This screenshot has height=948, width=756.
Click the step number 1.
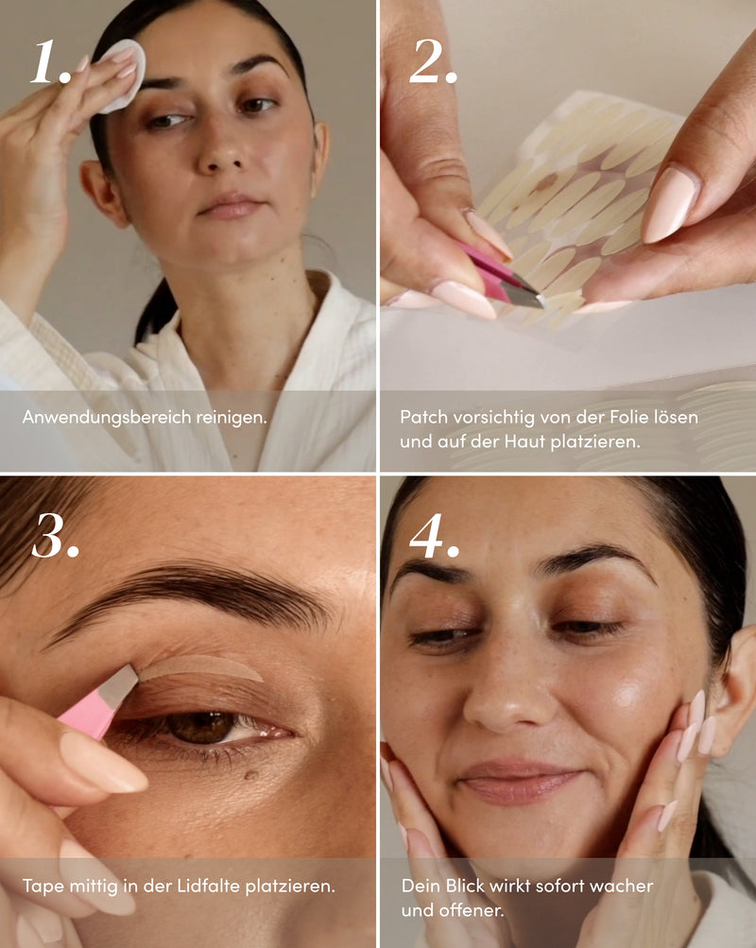point(50,61)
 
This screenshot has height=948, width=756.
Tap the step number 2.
point(433,61)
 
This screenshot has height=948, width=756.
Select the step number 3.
point(55,536)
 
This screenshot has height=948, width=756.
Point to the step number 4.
point(434,536)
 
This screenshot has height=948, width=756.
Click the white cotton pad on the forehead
point(125,74)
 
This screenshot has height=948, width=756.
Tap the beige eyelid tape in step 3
point(200,667)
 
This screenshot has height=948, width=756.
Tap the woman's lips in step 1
point(231,205)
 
